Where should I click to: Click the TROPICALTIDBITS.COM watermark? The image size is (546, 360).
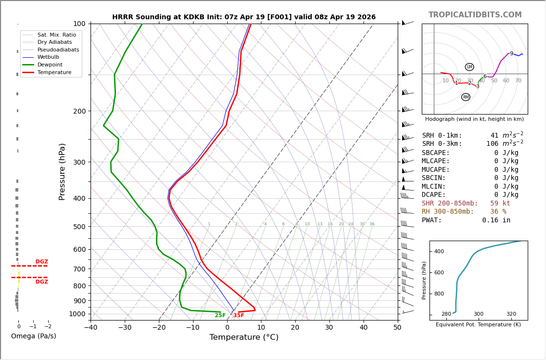click(475, 15)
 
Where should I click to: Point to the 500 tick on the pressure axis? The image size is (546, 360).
click(79, 227)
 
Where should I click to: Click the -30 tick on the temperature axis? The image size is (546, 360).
click(125, 328)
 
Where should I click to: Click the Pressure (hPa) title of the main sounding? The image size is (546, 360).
click(62, 171)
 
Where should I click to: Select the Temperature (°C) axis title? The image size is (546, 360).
click(244, 337)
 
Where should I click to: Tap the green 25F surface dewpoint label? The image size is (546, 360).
click(220, 316)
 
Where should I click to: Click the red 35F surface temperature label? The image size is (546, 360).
click(239, 316)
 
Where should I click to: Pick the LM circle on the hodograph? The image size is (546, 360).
click(469, 67)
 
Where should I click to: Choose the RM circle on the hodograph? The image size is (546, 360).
click(466, 97)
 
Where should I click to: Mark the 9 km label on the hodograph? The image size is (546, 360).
click(511, 54)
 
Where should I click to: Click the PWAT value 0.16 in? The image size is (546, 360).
click(496, 220)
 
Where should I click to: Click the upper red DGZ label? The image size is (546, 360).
click(41, 262)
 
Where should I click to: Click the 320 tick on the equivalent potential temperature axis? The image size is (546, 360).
click(511, 314)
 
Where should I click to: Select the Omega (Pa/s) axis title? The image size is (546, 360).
click(33, 336)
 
